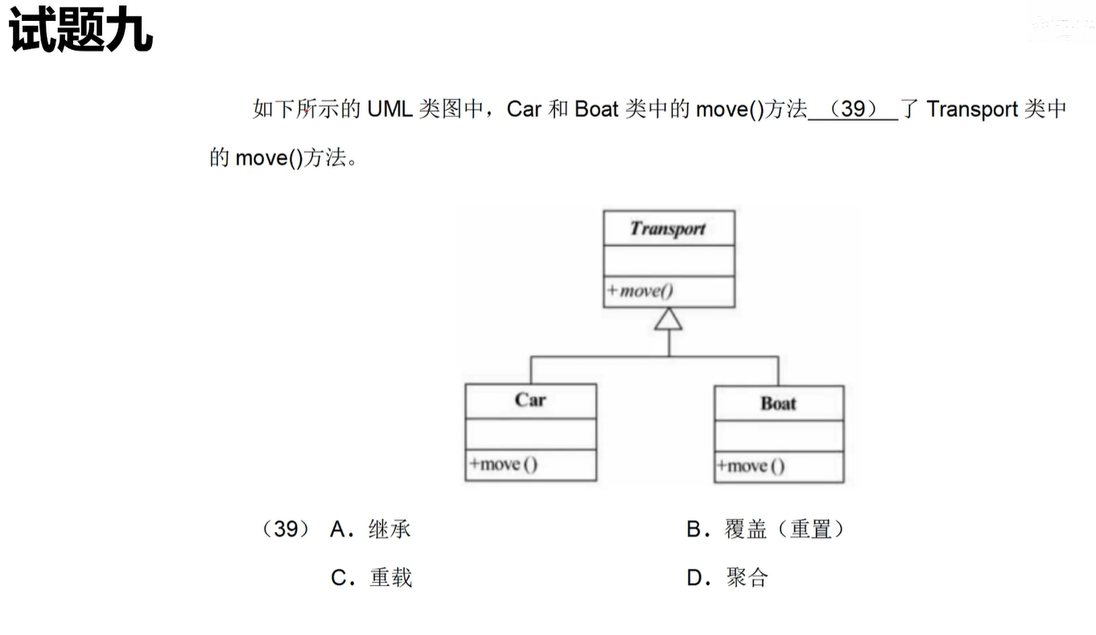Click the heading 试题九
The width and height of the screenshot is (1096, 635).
[x=80, y=32]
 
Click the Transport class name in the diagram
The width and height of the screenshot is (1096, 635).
[x=668, y=229]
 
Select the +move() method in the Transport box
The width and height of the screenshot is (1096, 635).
[x=641, y=291]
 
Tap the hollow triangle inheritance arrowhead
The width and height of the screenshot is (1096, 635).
[x=669, y=320]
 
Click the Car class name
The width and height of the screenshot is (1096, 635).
[x=530, y=401]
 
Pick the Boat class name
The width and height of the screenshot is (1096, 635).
[x=778, y=403]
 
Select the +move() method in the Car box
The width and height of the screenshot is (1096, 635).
[x=504, y=464]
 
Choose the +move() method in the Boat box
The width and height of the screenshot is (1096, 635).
[x=751, y=466]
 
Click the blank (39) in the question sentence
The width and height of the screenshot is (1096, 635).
[x=852, y=109]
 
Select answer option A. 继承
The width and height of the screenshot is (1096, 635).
[x=371, y=530]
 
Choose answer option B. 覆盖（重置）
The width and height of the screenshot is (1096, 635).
[x=766, y=530]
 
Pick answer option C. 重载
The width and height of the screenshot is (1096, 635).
[x=372, y=578]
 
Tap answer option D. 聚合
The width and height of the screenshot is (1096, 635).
[x=727, y=578]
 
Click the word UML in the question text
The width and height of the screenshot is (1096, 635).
[x=389, y=109]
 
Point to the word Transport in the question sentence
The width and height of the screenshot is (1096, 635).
[x=972, y=109]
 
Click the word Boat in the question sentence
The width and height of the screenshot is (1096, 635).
[x=595, y=109]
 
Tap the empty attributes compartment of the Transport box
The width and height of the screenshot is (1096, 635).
[x=669, y=261]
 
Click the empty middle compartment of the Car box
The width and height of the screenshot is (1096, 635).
[x=530, y=434]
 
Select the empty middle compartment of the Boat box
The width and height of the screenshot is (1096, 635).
[x=778, y=435]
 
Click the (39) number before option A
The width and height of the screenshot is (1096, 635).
[x=286, y=530]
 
